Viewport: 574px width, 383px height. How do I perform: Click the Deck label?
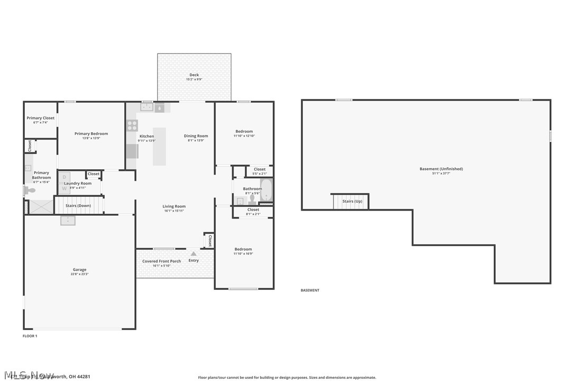(x=194, y=75)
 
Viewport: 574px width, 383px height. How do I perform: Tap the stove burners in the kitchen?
(x=132, y=125)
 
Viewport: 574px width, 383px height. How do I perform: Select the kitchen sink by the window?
(x=147, y=108)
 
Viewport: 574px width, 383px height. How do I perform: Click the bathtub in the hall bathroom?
(x=266, y=190)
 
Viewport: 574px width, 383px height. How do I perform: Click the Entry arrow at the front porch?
(x=193, y=254)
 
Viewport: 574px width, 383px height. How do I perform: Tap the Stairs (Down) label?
(x=78, y=205)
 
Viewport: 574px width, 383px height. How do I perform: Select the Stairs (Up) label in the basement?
(x=352, y=201)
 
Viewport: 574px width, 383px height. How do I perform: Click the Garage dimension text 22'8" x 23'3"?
(x=79, y=274)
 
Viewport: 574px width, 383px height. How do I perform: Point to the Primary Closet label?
(x=41, y=118)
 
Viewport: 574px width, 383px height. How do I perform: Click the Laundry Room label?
(x=78, y=183)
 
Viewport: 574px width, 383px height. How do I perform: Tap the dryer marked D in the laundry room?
(x=64, y=177)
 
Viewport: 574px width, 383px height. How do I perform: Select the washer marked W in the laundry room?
(x=64, y=188)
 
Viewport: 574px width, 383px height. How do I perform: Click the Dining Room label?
(x=196, y=136)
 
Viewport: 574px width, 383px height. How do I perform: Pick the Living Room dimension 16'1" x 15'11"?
(x=174, y=211)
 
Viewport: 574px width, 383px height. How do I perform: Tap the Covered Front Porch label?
(x=161, y=261)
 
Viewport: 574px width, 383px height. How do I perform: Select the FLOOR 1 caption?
(x=30, y=336)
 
